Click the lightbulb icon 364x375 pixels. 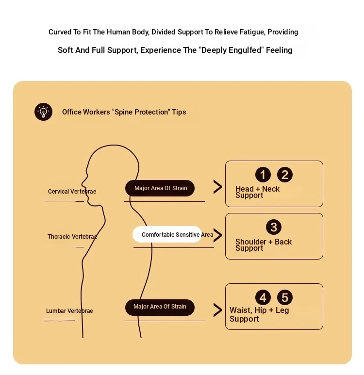[43, 112]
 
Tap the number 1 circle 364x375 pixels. [263, 175]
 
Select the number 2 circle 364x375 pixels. [284, 175]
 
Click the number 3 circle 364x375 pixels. [274, 227]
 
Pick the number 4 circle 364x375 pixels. [263, 297]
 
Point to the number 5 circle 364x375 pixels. [284, 297]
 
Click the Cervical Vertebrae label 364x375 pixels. [72, 191]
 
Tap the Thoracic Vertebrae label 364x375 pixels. [72, 237]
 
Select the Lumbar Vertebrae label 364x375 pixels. [69, 310]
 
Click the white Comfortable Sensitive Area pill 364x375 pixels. [167, 234]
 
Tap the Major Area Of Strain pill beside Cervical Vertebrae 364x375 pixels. [160, 188]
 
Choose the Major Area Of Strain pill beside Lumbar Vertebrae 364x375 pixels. [160, 307]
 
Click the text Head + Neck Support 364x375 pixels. [257, 192]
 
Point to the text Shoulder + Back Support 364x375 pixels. [263, 245]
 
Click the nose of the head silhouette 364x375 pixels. [82, 184]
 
